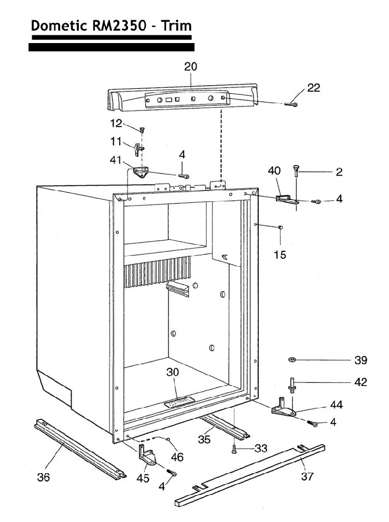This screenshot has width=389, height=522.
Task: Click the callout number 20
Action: click(x=191, y=67)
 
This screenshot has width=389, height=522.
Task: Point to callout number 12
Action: click(x=116, y=123)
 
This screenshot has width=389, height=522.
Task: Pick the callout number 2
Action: click(x=339, y=172)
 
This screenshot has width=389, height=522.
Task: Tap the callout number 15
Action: click(x=280, y=255)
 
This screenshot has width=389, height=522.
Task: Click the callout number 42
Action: click(x=360, y=382)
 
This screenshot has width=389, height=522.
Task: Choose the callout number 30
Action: click(x=173, y=372)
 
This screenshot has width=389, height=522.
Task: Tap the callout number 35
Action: click(x=205, y=439)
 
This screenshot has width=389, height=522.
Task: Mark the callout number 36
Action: click(x=44, y=477)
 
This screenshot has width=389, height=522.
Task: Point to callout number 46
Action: click(x=177, y=457)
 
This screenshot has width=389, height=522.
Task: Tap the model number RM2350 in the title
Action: click(x=121, y=25)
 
